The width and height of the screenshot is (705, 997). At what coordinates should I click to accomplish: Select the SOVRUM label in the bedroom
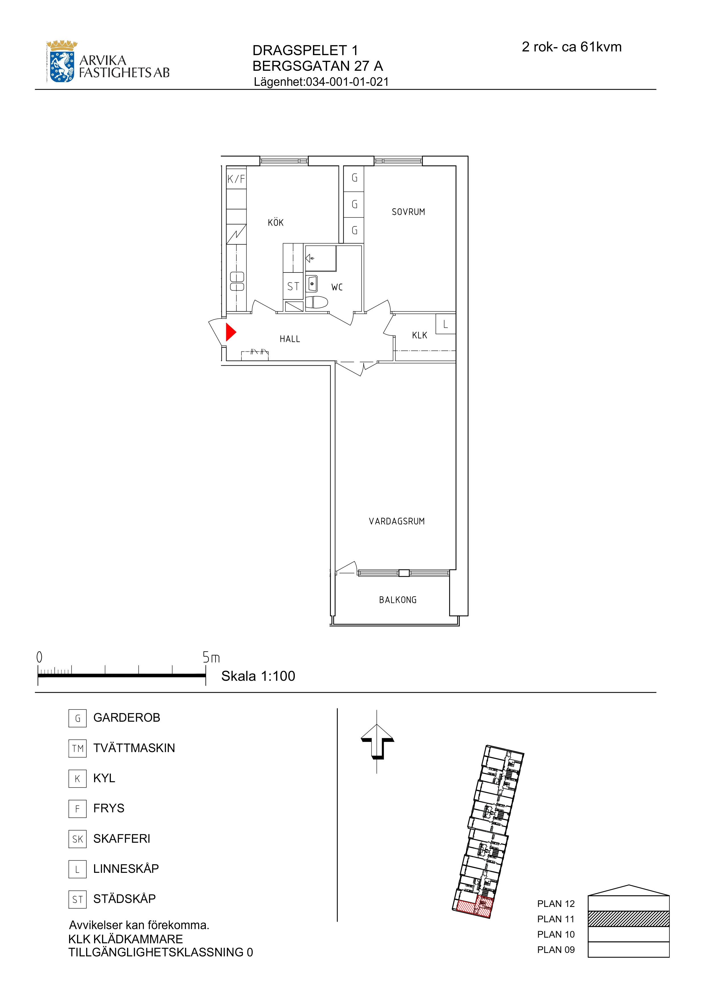408,212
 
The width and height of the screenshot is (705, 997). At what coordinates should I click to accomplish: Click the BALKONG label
398,600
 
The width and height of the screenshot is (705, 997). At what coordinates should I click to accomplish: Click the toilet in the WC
316,302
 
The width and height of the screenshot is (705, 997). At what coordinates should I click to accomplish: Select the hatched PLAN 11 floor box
629,919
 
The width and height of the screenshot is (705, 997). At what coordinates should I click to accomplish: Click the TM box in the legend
77,748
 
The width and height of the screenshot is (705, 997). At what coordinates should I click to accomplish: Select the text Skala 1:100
258,676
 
